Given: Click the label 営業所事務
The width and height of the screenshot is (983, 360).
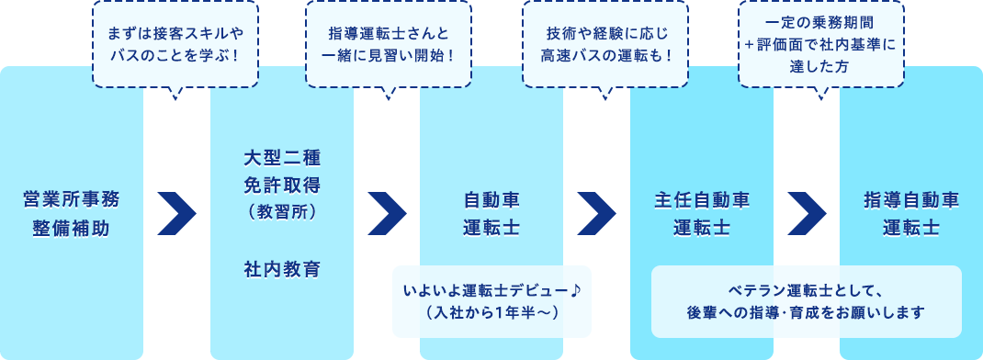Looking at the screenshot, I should (71, 199).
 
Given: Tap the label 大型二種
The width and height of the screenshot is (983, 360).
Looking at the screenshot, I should (282, 156).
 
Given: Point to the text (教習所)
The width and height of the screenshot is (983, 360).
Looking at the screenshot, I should (282, 210).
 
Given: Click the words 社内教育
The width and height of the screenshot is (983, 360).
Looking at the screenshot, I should (282, 269).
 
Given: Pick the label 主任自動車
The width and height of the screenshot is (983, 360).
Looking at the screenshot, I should (702, 199).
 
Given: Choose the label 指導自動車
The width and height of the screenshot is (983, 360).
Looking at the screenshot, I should (911, 199).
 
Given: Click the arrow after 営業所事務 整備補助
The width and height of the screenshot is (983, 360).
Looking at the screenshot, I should (177, 214).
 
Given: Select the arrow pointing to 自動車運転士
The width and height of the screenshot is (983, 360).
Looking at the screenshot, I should (387, 214).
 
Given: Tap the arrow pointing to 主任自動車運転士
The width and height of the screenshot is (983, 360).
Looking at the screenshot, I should (596, 214).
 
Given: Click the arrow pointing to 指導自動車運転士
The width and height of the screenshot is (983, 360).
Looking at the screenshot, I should (807, 214).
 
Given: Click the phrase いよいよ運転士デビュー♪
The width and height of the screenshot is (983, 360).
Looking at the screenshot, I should (492, 291).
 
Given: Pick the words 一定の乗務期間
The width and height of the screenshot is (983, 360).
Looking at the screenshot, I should (821, 22).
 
